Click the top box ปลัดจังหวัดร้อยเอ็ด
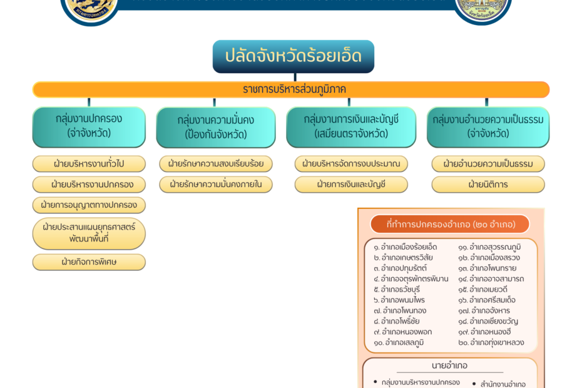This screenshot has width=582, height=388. click(293, 56)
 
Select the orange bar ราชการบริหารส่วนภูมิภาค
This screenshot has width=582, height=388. click(291, 89)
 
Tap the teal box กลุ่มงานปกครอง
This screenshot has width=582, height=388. click(89, 126)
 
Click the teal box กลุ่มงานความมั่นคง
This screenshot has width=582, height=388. click(215, 127)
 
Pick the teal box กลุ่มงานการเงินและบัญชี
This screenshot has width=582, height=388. click(351, 126)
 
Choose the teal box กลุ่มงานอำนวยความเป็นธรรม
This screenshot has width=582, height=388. click(488, 126)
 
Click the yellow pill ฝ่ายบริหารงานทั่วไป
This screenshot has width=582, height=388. click(89, 164)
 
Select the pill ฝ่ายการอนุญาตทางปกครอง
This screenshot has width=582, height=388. click(89, 205)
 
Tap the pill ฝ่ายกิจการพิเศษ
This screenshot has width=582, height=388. click(89, 262)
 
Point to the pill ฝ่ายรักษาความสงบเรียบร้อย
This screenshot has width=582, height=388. click(216, 164)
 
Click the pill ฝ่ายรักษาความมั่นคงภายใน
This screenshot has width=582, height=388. click(216, 185)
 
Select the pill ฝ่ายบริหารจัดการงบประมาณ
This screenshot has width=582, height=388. click(351, 164)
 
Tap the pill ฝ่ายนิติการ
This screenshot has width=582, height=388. click(488, 185)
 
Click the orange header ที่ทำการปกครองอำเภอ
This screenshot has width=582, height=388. click(450, 224)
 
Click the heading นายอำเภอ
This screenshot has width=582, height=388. click(450, 365)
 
